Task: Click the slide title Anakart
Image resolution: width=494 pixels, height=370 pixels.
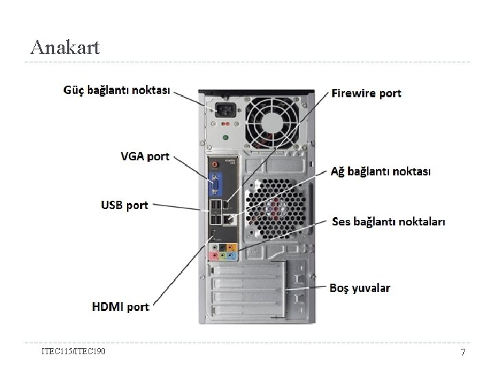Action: tap(65, 47)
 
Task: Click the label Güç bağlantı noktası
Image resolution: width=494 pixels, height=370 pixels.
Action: tap(117, 90)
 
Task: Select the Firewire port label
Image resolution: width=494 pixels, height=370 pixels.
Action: tap(366, 93)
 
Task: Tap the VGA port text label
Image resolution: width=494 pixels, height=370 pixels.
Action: tap(144, 156)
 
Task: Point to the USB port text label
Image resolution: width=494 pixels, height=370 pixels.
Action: tap(124, 205)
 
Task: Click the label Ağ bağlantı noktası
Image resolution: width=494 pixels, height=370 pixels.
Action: tap(381, 171)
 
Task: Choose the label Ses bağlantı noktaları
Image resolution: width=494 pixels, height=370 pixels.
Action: tap(388, 222)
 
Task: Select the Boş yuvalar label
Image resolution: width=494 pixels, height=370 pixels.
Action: tap(360, 288)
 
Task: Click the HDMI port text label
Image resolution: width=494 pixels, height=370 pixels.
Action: tap(120, 307)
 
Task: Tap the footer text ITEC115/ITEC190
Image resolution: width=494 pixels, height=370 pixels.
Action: tap(73, 351)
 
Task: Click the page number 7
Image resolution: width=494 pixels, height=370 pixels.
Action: tap(463, 352)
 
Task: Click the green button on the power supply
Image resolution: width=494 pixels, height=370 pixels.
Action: tap(226, 137)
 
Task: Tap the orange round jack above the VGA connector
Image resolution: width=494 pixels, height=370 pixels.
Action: tap(216, 164)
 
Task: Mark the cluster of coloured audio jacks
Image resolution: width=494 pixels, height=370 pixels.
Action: tap(224, 252)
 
